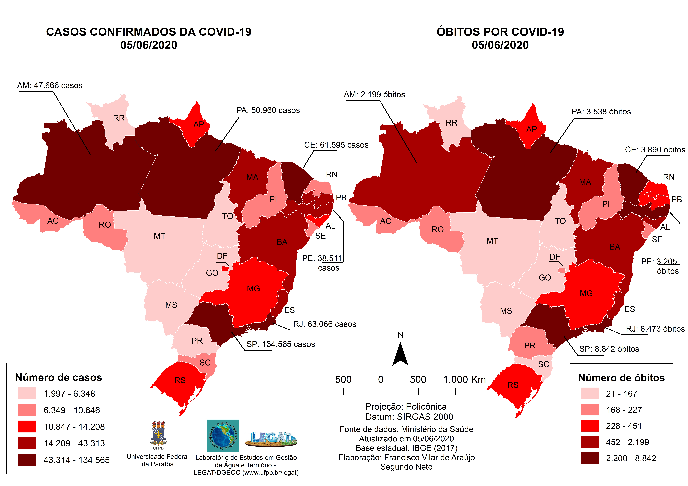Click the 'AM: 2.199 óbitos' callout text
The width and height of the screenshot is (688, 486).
coord(374,95)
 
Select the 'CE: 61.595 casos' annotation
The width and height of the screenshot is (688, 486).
coord(336,145)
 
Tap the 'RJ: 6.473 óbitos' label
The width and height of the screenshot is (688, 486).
coord(655,329)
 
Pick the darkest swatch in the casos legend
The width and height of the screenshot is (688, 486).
coord(27,460)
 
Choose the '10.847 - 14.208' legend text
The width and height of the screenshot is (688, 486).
coord(74,427)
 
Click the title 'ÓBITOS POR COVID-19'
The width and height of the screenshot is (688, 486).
coord(500,32)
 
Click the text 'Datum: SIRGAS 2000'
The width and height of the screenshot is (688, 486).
coord(409,417)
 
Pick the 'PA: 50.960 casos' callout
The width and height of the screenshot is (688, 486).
coord(268,110)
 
